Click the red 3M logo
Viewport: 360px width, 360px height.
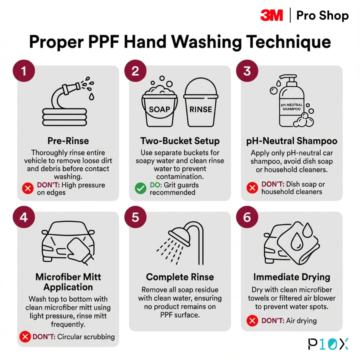click(x=271, y=15)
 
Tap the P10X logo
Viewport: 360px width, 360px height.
click(x=328, y=344)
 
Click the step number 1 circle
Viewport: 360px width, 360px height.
click(x=24, y=71)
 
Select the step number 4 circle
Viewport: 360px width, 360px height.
click(x=24, y=217)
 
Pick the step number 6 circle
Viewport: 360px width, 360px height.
click(x=247, y=217)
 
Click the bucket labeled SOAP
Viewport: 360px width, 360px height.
click(x=159, y=108)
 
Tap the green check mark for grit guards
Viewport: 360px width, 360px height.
click(x=140, y=188)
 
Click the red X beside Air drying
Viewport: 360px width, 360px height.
click(x=252, y=321)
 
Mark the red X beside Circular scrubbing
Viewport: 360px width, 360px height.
click(x=25, y=337)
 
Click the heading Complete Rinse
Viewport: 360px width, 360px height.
click(x=180, y=277)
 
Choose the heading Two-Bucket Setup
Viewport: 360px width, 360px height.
click(x=180, y=141)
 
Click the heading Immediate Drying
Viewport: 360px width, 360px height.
click(x=292, y=277)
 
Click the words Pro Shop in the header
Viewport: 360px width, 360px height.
click(x=322, y=15)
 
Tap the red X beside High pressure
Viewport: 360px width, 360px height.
click(x=28, y=188)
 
